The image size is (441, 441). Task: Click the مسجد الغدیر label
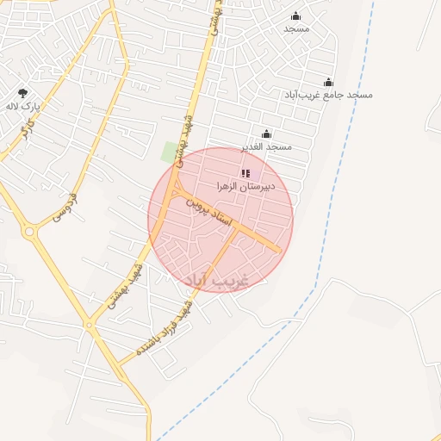pyautogui.click(x=267, y=146)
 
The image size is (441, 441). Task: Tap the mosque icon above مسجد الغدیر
pyautogui.click(x=266, y=134)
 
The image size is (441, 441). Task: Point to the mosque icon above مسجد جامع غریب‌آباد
pyautogui.click(x=328, y=83)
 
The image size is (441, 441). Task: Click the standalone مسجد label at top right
pyautogui.click(x=296, y=28)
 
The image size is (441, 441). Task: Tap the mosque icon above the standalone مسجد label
pyautogui.click(x=296, y=16)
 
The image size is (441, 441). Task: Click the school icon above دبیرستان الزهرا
pyautogui.click(x=245, y=174)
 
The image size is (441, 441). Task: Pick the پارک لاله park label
pyautogui.click(x=24, y=106)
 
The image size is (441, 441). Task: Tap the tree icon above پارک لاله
pyautogui.click(x=23, y=93)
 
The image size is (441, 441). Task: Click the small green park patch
pyautogui.click(x=170, y=152)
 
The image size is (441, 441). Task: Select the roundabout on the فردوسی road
pyautogui.click(x=30, y=231)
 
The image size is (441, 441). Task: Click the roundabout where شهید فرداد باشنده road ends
pyautogui.click(x=90, y=325)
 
